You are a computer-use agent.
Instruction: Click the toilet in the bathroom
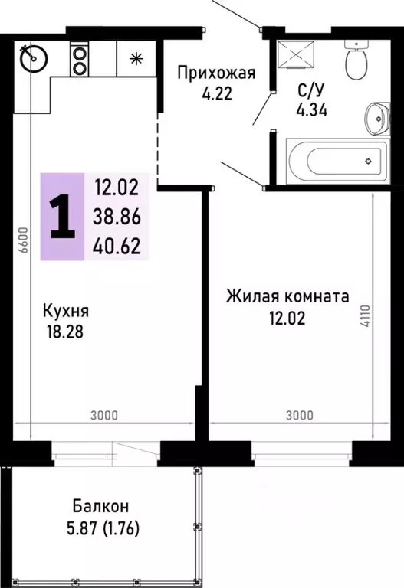356,60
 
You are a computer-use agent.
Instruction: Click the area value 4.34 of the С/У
311,109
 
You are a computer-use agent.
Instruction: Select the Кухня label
66,312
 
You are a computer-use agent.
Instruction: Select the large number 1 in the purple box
61,216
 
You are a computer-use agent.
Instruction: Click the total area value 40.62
117,246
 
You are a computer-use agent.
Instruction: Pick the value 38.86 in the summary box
117,217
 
